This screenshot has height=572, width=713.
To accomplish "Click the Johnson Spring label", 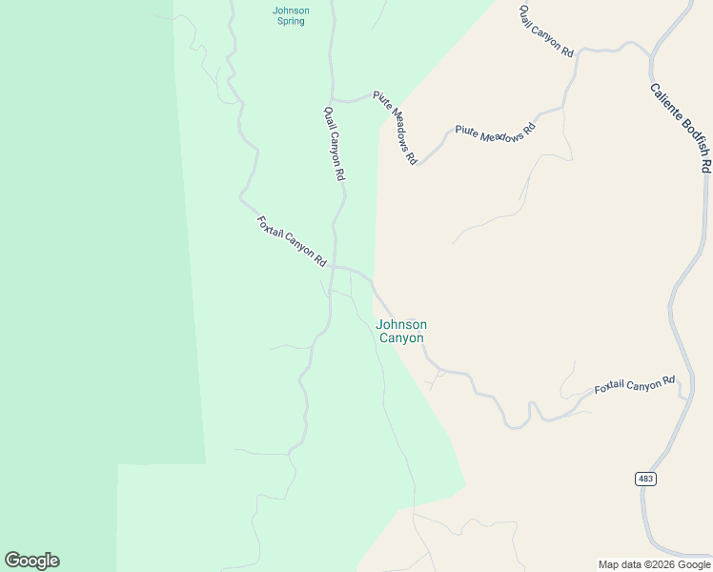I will coord(291,15).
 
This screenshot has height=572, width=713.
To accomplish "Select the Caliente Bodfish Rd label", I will coord(681,127).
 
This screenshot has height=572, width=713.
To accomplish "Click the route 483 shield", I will coord(646,478).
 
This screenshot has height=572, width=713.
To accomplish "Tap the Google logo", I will coord(31,561).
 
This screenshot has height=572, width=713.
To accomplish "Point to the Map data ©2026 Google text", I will coord(655,564).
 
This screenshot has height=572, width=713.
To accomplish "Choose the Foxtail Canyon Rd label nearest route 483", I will coord(634,384).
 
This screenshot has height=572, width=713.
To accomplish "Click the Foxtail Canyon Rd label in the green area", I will coord(292,241).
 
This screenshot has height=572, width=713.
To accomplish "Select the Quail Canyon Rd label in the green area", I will coord(334,144).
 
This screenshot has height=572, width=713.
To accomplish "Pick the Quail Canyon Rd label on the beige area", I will coord(546,31).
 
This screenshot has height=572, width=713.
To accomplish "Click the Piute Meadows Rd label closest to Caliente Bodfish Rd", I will coord(495,134).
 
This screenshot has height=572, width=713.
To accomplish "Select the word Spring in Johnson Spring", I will coord(291,21).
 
